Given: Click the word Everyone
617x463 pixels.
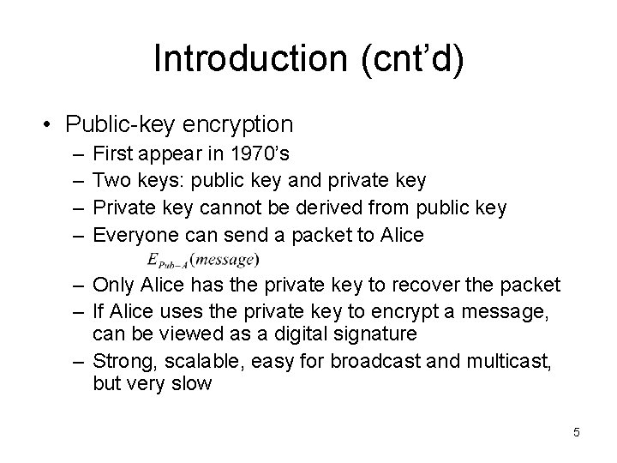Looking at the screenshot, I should (x=130, y=234).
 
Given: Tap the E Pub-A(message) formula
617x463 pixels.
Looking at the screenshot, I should (x=203, y=258).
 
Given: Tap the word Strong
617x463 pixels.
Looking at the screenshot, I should (x=120, y=360).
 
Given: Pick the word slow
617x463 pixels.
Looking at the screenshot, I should (x=192, y=382).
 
